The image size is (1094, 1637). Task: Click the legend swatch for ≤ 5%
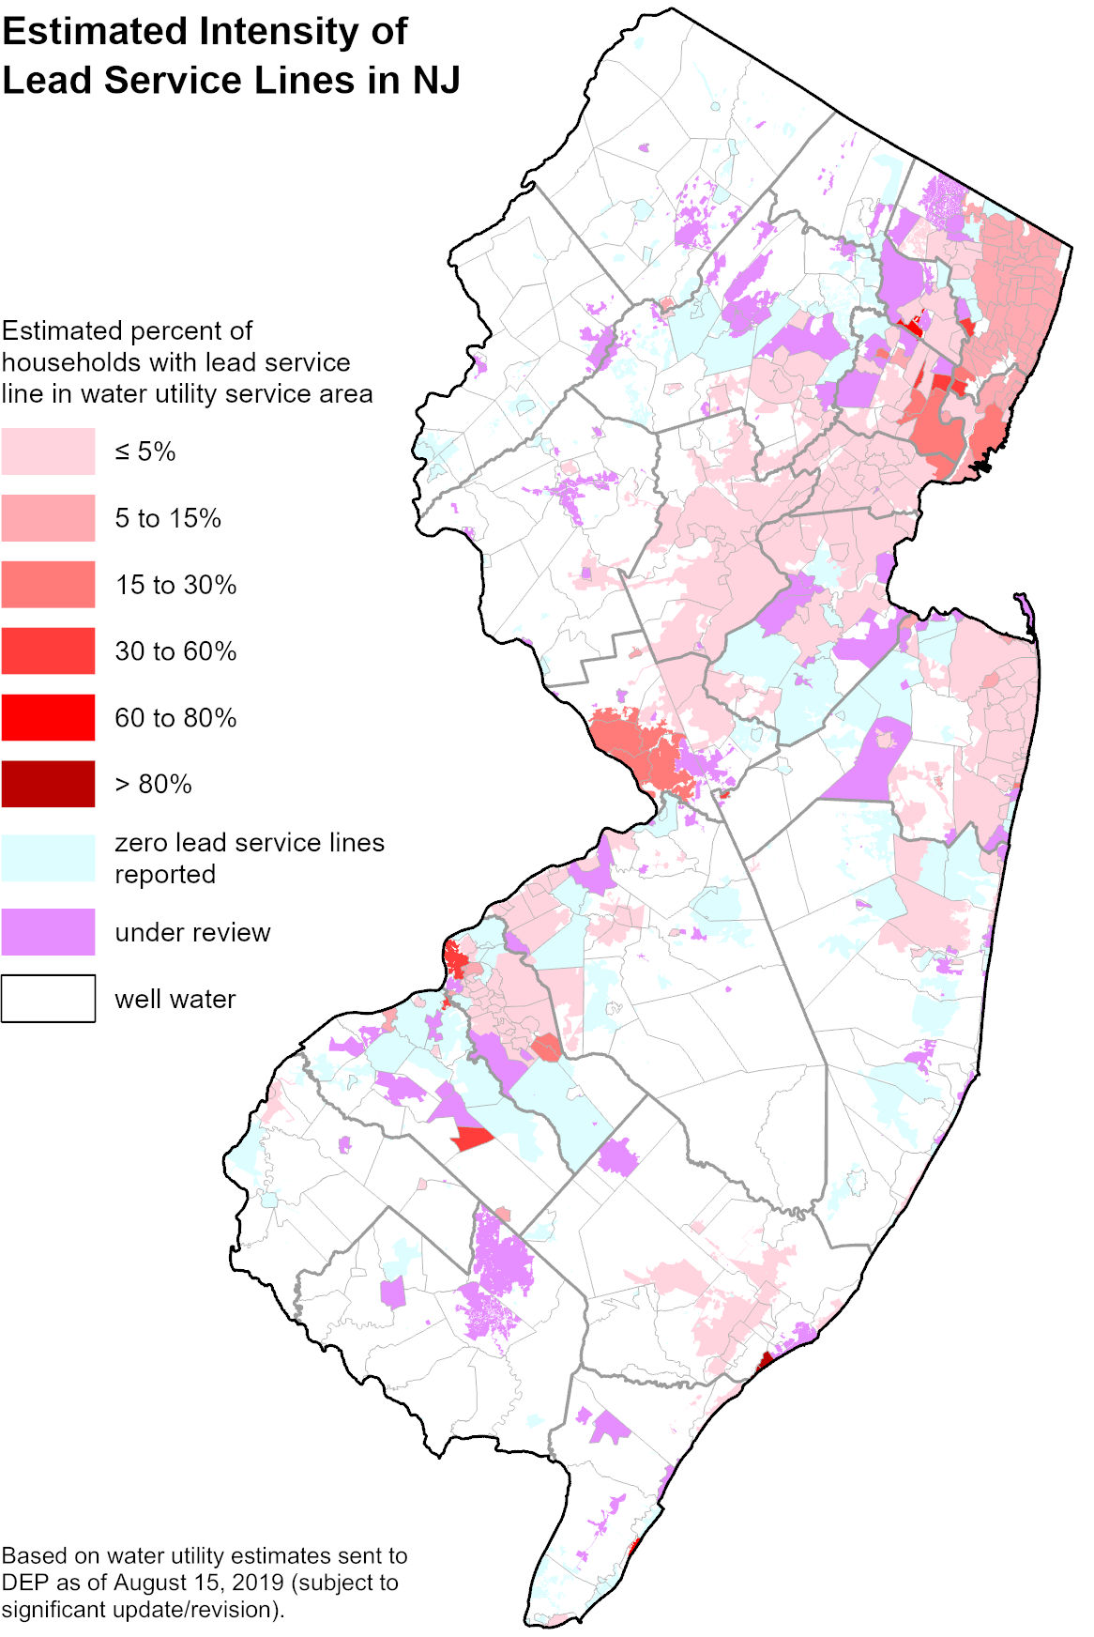click(x=48, y=451)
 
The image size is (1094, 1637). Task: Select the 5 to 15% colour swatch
click(x=48, y=518)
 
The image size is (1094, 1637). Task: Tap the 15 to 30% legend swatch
click(x=48, y=585)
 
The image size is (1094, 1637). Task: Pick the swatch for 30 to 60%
click(x=48, y=651)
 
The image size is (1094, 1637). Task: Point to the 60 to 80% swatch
click(x=48, y=718)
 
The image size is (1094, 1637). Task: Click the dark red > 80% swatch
click(x=48, y=784)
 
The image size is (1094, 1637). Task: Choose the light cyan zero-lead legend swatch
click(x=48, y=858)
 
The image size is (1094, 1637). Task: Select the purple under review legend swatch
click(x=48, y=932)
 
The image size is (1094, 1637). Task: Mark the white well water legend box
click(x=48, y=999)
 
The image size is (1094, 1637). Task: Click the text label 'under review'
click(x=192, y=932)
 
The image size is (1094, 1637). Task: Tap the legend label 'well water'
click(x=175, y=999)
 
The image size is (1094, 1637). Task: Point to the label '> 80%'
click(x=153, y=784)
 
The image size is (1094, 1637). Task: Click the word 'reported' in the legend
click(x=165, y=874)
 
